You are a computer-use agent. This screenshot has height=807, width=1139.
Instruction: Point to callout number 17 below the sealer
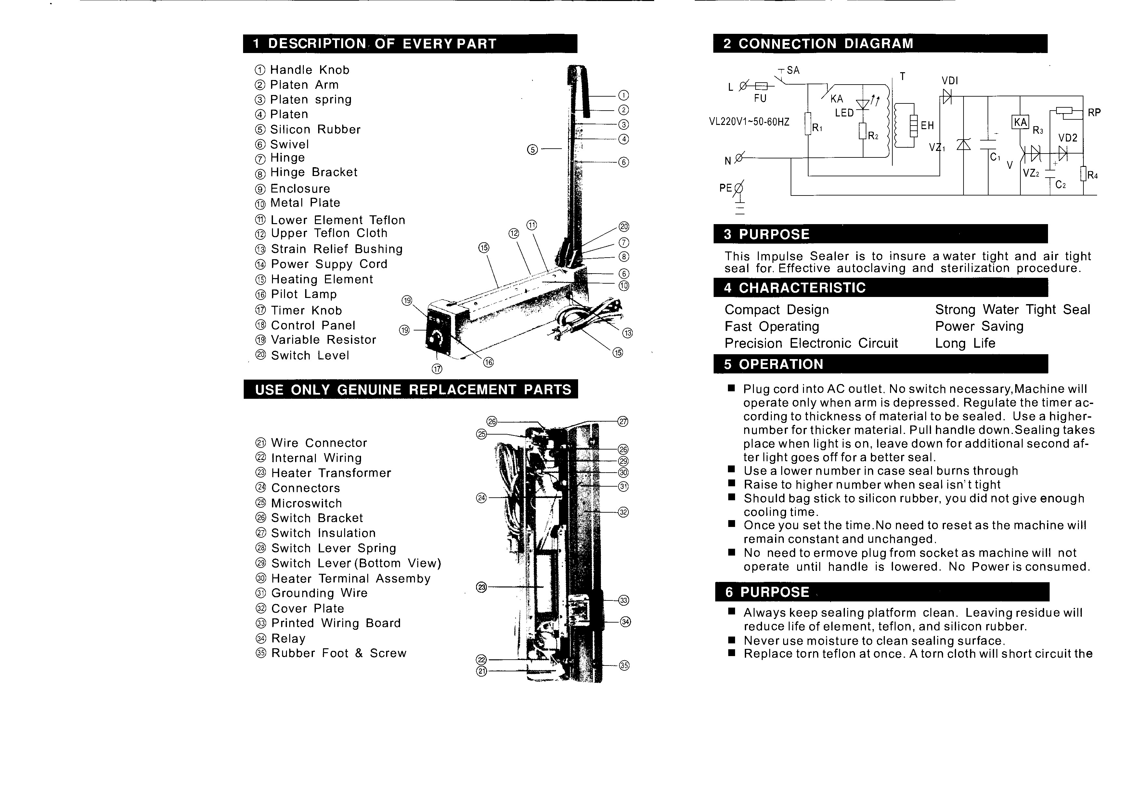point(437,369)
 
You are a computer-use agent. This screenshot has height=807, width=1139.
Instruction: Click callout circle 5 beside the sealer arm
point(532,149)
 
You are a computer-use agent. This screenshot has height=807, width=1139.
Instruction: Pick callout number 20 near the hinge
point(624,227)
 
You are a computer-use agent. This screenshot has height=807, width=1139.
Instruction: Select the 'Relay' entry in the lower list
point(288,639)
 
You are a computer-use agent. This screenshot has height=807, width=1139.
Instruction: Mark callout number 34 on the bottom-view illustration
point(626,622)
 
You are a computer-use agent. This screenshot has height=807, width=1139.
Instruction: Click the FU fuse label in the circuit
point(760,98)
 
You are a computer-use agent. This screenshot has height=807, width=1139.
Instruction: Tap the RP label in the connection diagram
point(1094,113)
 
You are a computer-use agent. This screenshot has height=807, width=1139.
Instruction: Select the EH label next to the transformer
point(927,126)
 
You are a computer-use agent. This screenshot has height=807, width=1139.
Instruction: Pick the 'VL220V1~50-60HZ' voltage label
point(749,122)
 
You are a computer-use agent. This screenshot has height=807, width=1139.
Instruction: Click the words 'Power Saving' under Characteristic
point(979,327)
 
